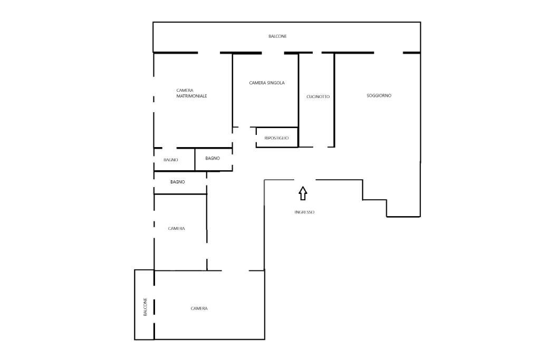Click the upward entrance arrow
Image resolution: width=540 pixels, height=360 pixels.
303,193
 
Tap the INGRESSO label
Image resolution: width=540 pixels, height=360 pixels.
304,212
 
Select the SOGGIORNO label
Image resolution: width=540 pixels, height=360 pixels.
379,96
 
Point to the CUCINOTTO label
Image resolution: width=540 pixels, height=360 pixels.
318,96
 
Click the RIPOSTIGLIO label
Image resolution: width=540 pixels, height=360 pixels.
276,138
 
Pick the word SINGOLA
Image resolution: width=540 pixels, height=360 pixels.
275,83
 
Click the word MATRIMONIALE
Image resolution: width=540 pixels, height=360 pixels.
191,96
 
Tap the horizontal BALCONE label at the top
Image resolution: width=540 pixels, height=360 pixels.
277,36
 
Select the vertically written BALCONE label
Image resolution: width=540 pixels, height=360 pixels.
145,307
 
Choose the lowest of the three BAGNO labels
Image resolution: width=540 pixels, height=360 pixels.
178,182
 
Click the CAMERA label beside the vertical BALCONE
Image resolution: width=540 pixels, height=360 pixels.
199,308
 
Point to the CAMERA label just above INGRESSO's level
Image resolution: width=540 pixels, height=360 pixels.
176,229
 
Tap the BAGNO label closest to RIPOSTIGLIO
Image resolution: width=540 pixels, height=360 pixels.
213,158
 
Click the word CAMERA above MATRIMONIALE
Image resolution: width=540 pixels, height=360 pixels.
185,91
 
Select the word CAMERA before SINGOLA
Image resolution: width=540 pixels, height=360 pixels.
257,83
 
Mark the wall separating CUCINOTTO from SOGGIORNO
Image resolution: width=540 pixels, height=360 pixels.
334,100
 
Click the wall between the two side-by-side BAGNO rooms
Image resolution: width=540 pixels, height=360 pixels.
195,159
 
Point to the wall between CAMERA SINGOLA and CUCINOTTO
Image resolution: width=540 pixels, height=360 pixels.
298,100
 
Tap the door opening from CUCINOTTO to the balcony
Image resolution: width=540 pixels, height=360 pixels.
317,53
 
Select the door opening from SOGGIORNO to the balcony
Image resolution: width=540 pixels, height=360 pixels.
389,53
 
